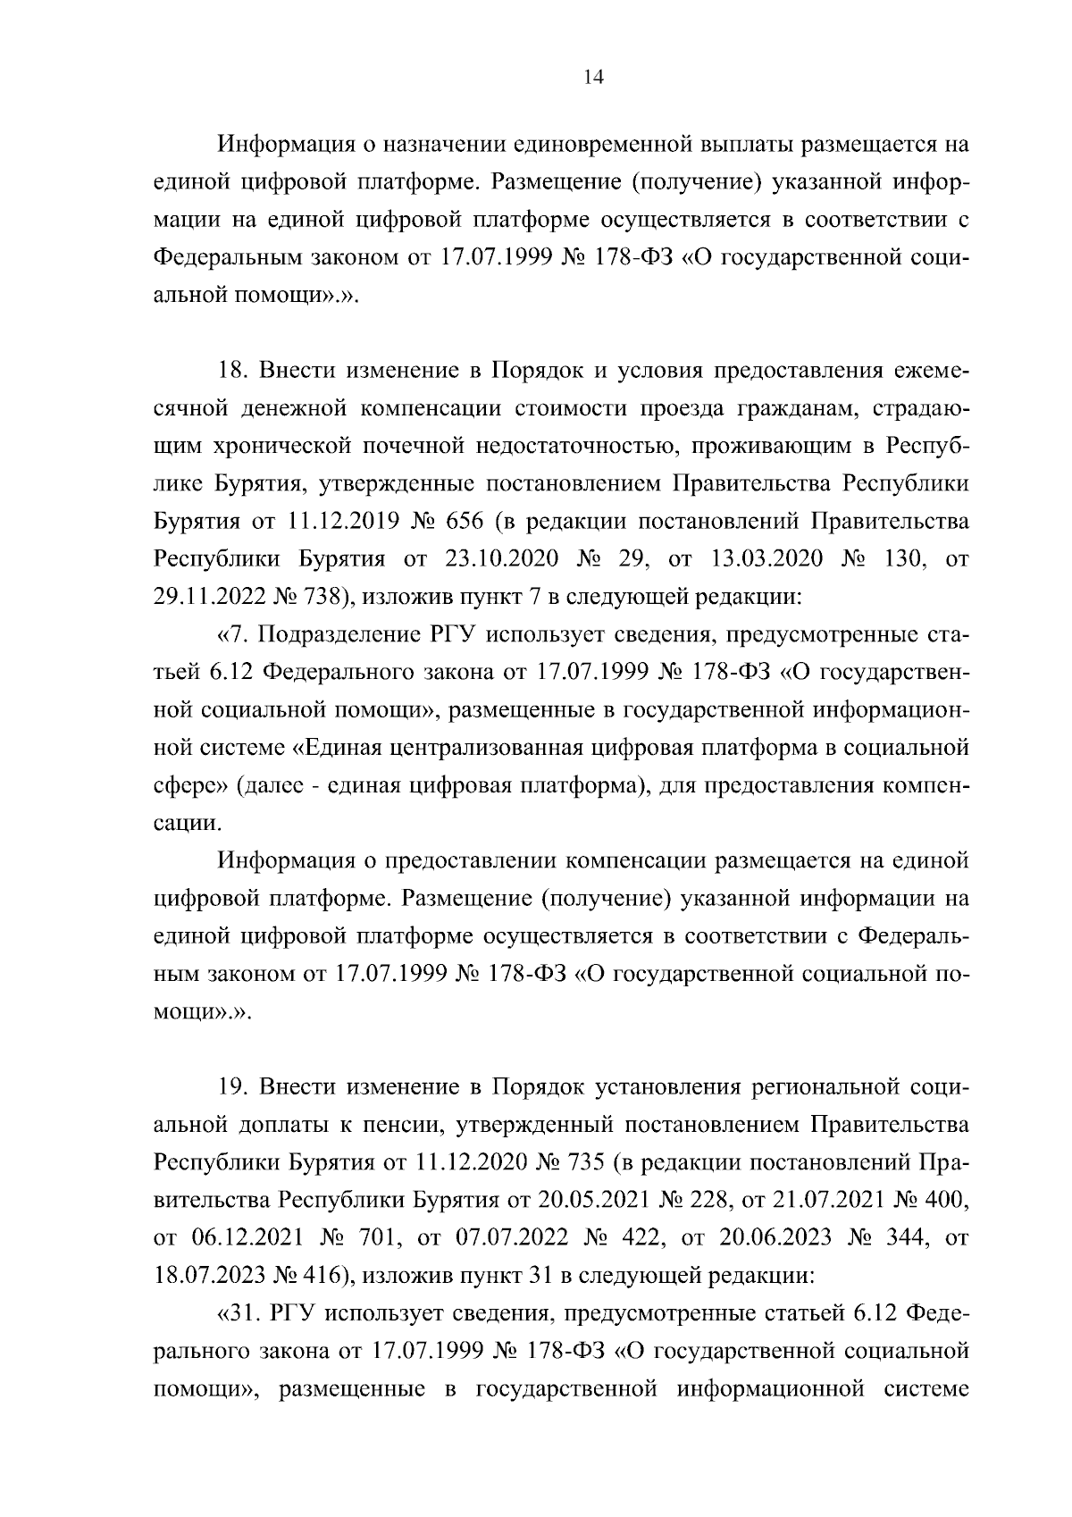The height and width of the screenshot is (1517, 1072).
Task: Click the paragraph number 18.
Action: pyautogui.click(x=233, y=371)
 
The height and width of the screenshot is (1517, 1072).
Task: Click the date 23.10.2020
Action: pyautogui.click(x=501, y=560)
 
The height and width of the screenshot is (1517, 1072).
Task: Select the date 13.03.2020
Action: pyautogui.click(x=767, y=560)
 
